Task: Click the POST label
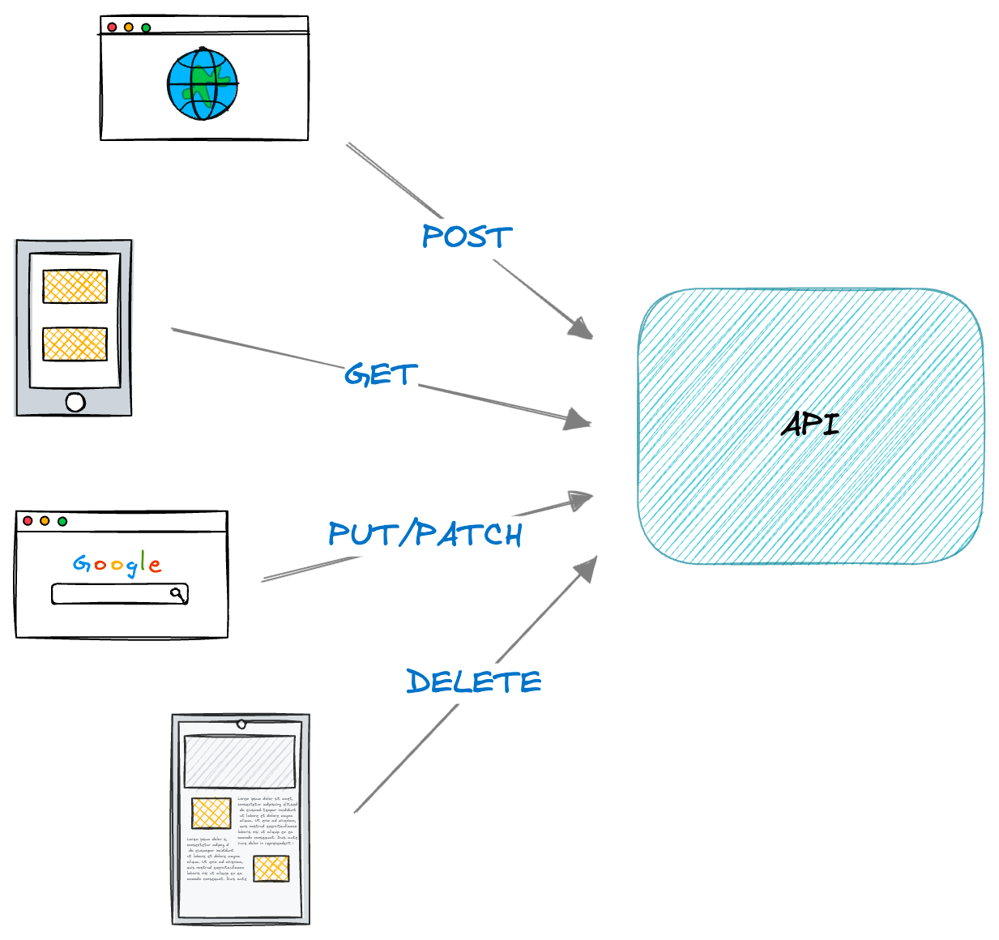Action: (x=467, y=237)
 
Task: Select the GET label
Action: (x=381, y=374)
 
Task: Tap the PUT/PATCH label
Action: (x=425, y=534)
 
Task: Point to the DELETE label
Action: (x=473, y=681)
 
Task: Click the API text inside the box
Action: (x=810, y=424)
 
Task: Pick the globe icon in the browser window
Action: (x=203, y=84)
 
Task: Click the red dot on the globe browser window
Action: (x=112, y=28)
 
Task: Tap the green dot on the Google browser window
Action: (x=62, y=521)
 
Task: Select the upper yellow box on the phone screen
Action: (x=75, y=286)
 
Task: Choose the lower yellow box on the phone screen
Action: (x=75, y=344)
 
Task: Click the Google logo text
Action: (x=117, y=563)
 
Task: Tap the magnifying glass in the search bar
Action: (x=177, y=594)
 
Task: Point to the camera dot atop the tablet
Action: (x=241, y=724)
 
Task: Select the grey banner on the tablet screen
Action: (x=240, y=761)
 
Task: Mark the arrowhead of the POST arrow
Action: (x=581, y=328)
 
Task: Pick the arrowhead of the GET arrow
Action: (x=577, y=419)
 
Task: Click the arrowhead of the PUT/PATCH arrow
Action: (x=580, y=500)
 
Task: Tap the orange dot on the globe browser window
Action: (x=129, y=28)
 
